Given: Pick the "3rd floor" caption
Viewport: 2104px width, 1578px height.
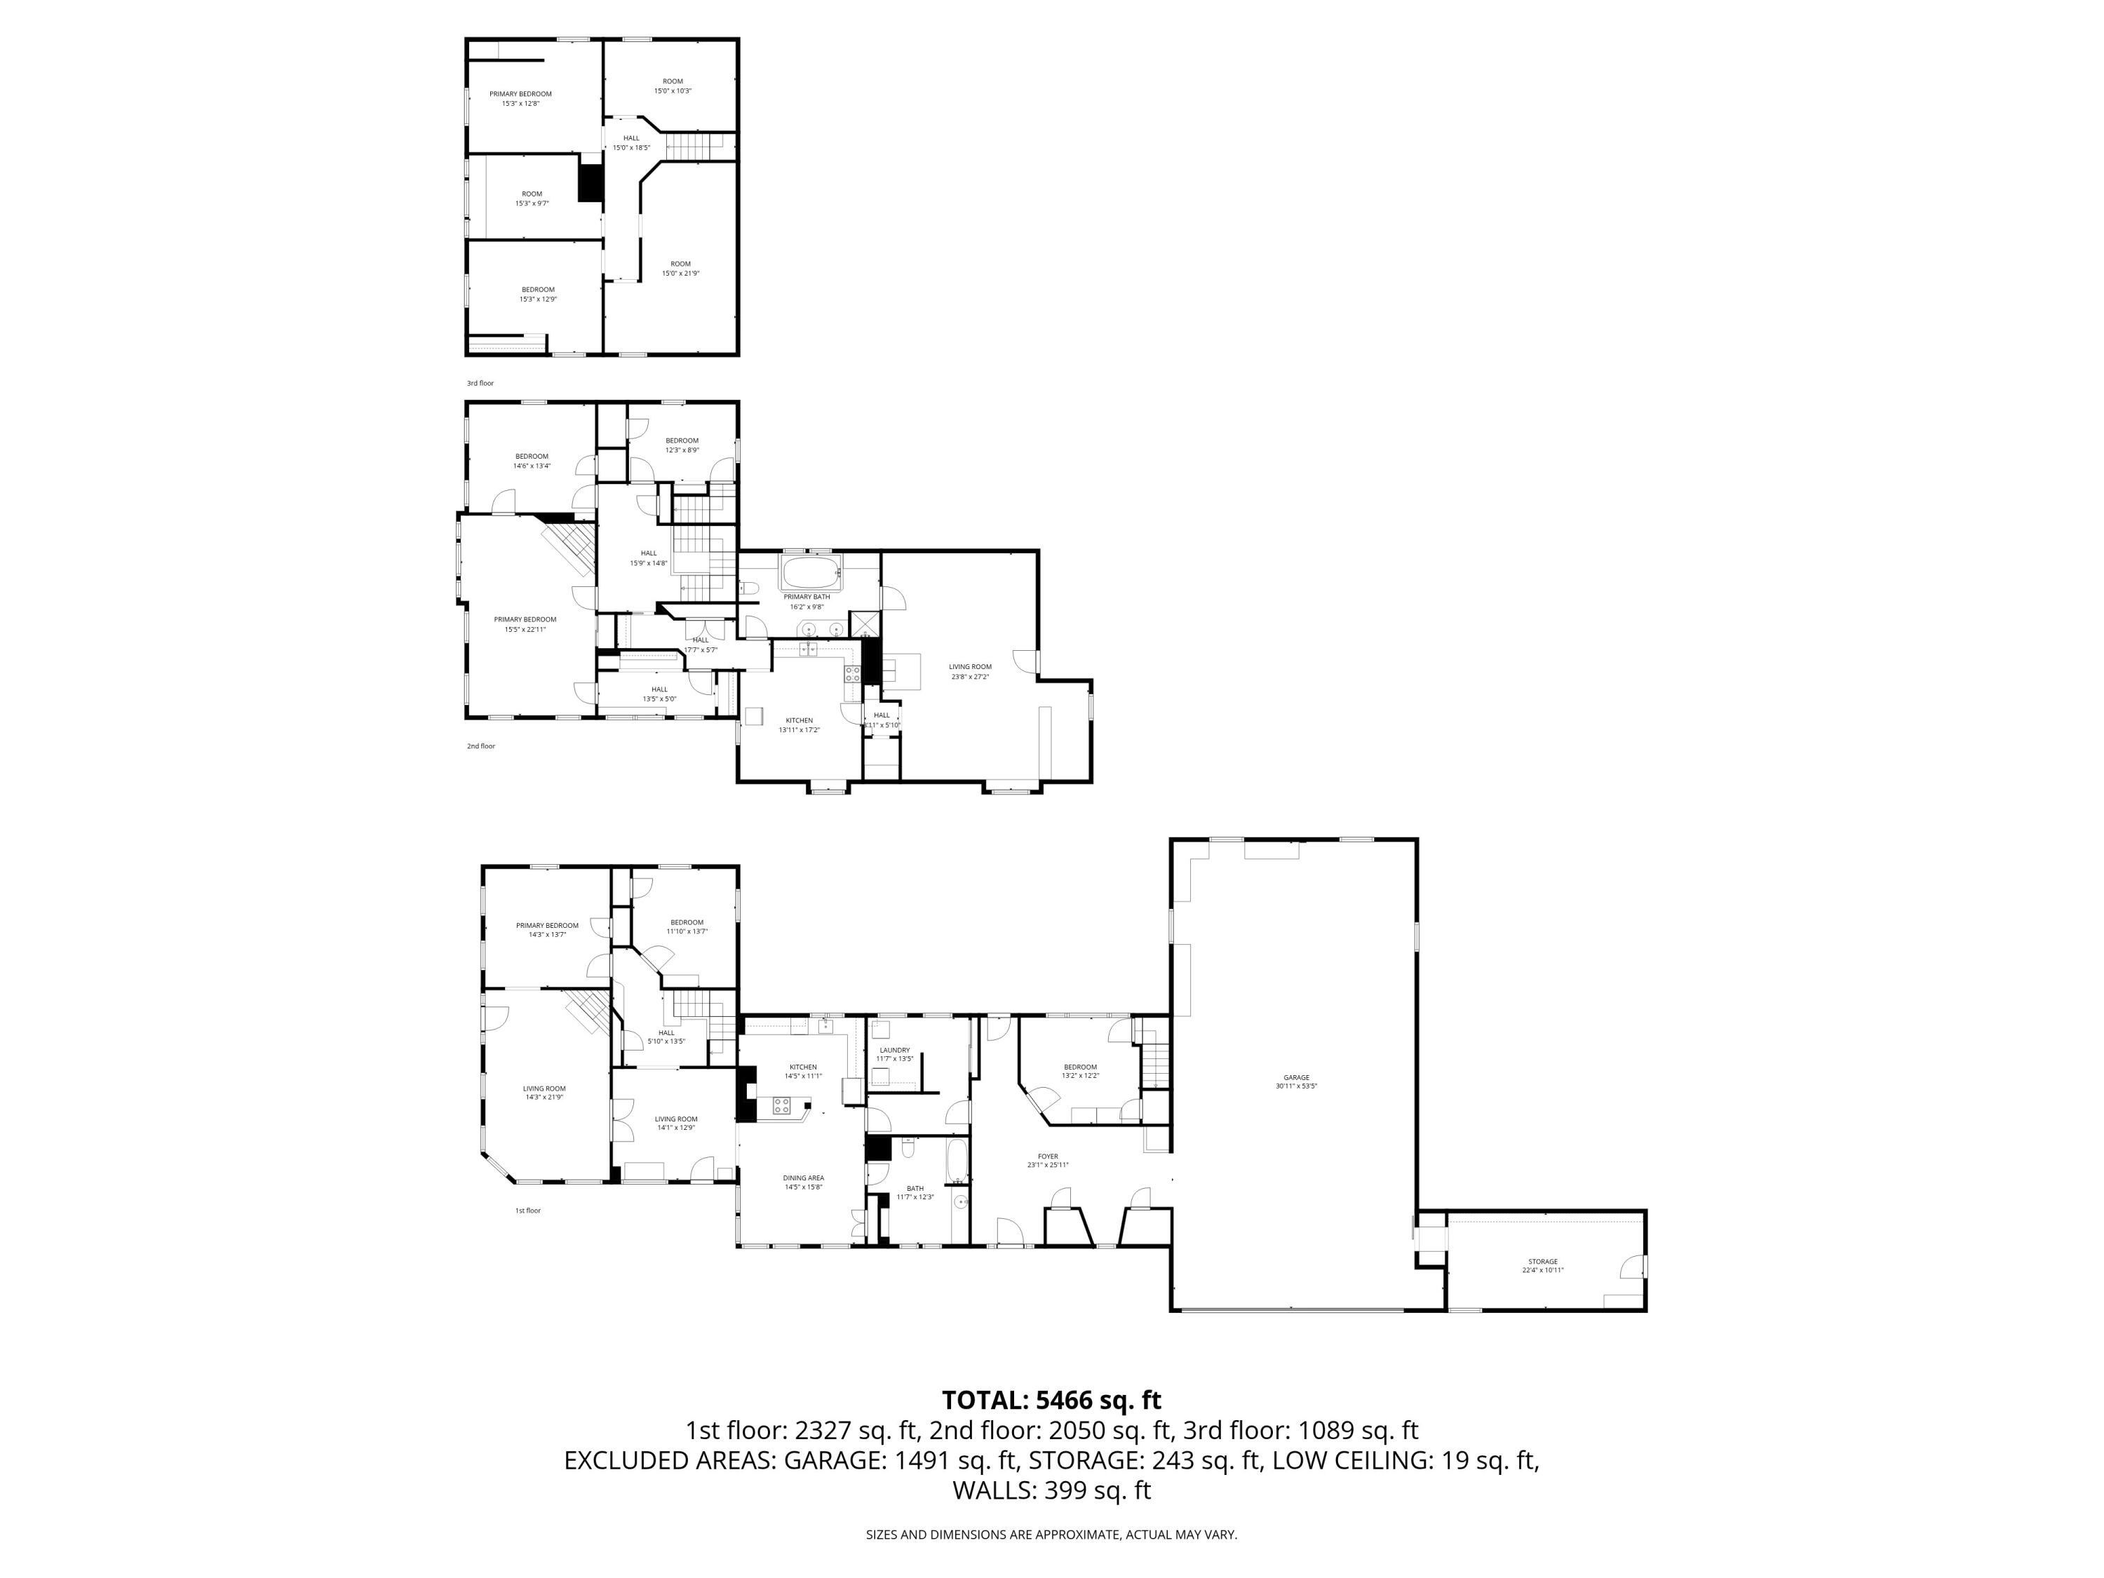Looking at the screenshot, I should coord(480,384).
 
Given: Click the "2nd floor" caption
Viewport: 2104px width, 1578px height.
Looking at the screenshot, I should coord(480,747).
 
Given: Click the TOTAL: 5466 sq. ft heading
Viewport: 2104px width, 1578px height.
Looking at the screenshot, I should coord(1051,1400).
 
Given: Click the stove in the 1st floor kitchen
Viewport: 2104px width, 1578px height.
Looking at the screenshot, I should coord(781,1105).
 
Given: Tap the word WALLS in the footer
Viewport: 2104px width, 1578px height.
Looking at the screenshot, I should coord(994,1490).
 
